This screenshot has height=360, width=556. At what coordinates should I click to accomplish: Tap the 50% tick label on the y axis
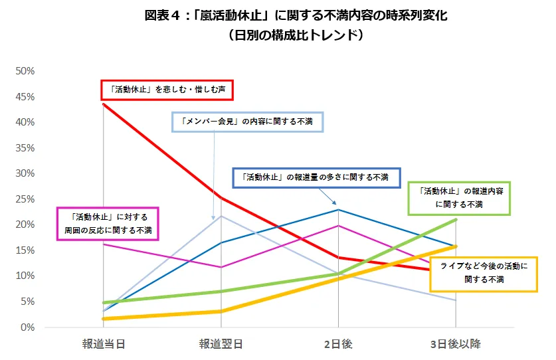25,71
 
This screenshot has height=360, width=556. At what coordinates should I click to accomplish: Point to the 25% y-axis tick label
25,199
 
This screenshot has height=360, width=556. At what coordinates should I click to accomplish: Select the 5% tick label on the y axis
27,302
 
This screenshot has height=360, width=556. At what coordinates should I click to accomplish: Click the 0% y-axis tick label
27,327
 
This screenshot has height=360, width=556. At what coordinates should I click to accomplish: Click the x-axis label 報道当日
104,343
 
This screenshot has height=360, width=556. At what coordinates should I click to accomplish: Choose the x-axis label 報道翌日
221,343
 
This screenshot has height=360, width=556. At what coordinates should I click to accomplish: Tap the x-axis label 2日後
337,343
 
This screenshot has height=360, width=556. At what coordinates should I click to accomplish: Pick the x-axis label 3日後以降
455,343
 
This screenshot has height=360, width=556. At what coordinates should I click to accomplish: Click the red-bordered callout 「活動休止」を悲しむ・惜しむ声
169,88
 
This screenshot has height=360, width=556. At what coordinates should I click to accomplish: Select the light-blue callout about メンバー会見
246,122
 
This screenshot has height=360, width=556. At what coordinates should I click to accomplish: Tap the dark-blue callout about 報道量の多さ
316,177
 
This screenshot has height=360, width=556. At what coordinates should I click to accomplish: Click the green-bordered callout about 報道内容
459,198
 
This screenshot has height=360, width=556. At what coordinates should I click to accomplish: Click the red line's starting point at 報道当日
104,104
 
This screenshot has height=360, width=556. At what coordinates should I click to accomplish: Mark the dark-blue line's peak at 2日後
338,210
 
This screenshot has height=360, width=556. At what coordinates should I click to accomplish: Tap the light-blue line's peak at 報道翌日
221,216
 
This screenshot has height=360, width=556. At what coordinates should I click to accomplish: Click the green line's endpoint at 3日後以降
455,220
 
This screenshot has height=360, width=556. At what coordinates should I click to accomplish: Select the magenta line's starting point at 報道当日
104,244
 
